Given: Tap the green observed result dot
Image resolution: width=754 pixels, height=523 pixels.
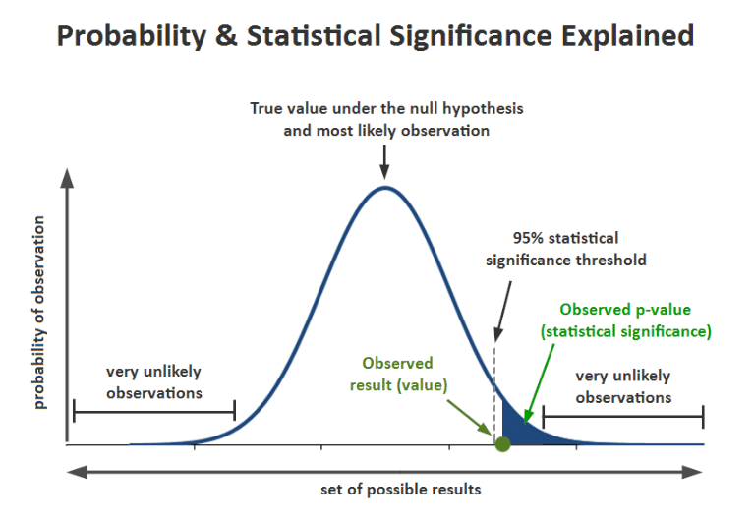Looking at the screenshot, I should pos(502,444).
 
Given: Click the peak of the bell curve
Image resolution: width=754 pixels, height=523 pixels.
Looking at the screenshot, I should pos(385,187).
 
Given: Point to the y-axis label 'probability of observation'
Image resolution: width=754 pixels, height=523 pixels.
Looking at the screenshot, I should pos(40,310).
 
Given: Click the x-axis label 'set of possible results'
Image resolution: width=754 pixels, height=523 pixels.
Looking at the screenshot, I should pos(401,489).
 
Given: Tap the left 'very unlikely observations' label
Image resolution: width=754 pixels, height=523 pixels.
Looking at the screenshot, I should pos(153,381).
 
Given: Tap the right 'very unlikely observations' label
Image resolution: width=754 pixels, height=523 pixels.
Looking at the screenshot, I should pos(623,386).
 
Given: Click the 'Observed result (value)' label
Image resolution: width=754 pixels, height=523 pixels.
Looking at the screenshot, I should pos(397,374).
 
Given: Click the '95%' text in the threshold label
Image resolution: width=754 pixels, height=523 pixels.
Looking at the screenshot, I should pos(530,238).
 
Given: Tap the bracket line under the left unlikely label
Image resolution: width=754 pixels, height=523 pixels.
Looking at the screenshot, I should pos(153,410).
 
